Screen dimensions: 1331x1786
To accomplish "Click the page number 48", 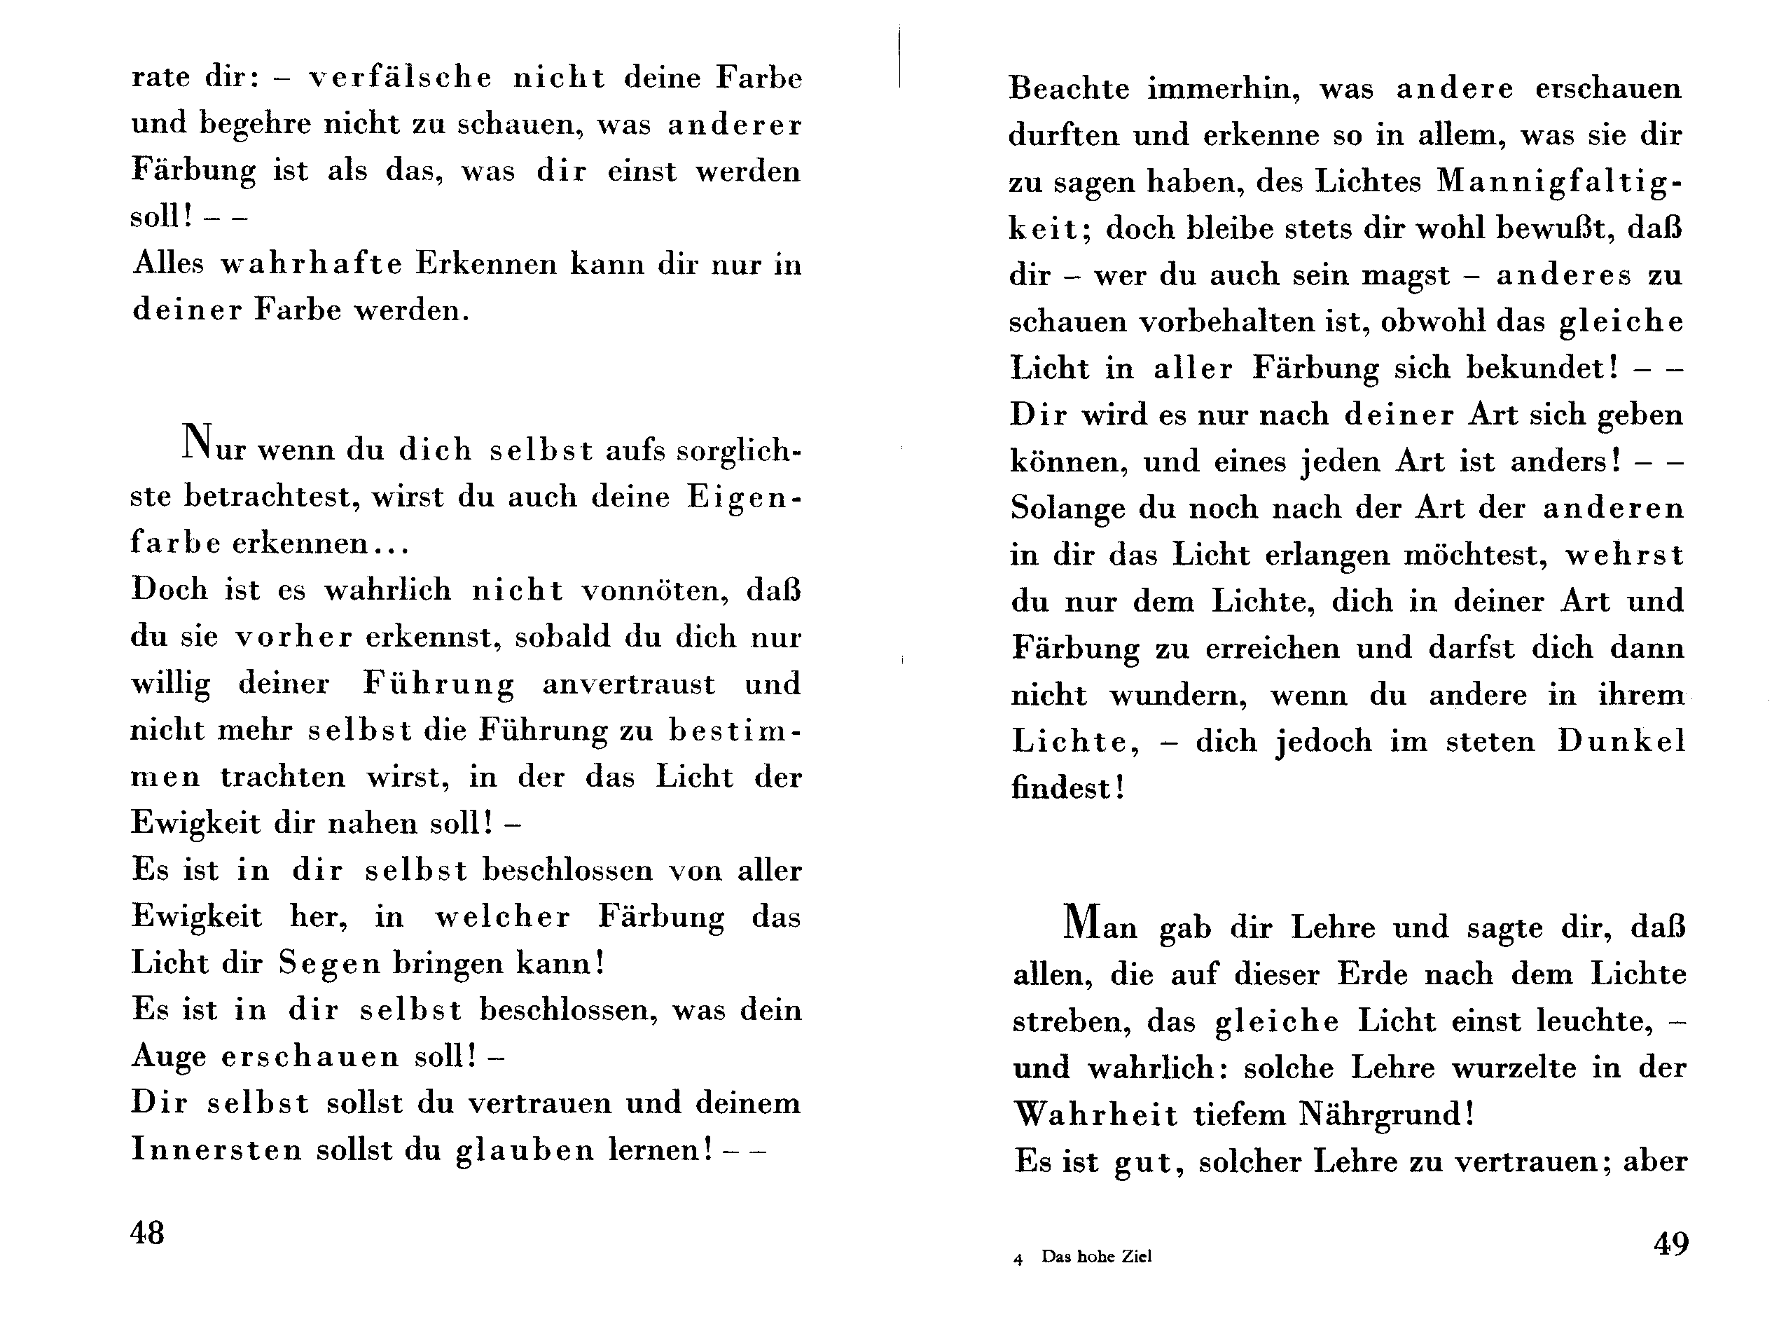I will pos(147,1233).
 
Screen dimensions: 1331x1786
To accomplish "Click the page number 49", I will pos(1671,1244).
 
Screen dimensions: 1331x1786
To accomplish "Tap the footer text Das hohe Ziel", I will pos(1096,1256).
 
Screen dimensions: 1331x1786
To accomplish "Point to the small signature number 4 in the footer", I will pos(1018,1258).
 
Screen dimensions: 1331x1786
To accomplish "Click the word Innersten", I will pos(216,1150).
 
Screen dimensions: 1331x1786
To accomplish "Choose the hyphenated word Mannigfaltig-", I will pos(1560,183).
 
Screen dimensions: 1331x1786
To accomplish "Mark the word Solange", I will pos(1068,509).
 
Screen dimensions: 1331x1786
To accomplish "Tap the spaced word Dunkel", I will pos(1621,741).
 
